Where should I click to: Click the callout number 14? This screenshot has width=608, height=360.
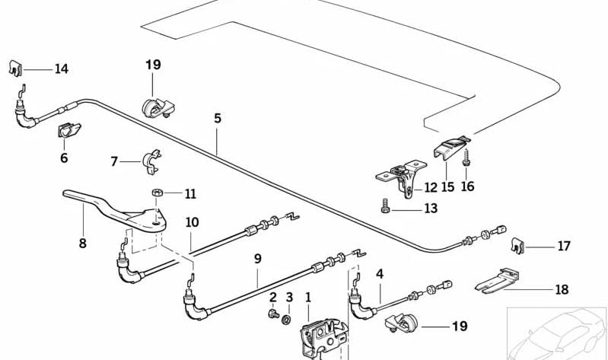point(61,69)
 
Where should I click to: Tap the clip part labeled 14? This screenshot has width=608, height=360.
point(18,68)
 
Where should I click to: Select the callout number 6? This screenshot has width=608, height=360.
point(64,158)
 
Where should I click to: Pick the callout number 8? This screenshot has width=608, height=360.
point(82,244)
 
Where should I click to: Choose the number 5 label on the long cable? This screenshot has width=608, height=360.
point(217,119)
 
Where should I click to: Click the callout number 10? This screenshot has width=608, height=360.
point(192,222)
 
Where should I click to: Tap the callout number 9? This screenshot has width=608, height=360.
point(257,259)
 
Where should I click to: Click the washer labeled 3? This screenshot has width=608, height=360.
point(288,317)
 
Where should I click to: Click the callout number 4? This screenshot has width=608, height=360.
point(379,273)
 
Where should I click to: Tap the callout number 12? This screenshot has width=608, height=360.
point(431,187)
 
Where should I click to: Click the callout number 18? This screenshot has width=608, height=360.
point(561,290)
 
